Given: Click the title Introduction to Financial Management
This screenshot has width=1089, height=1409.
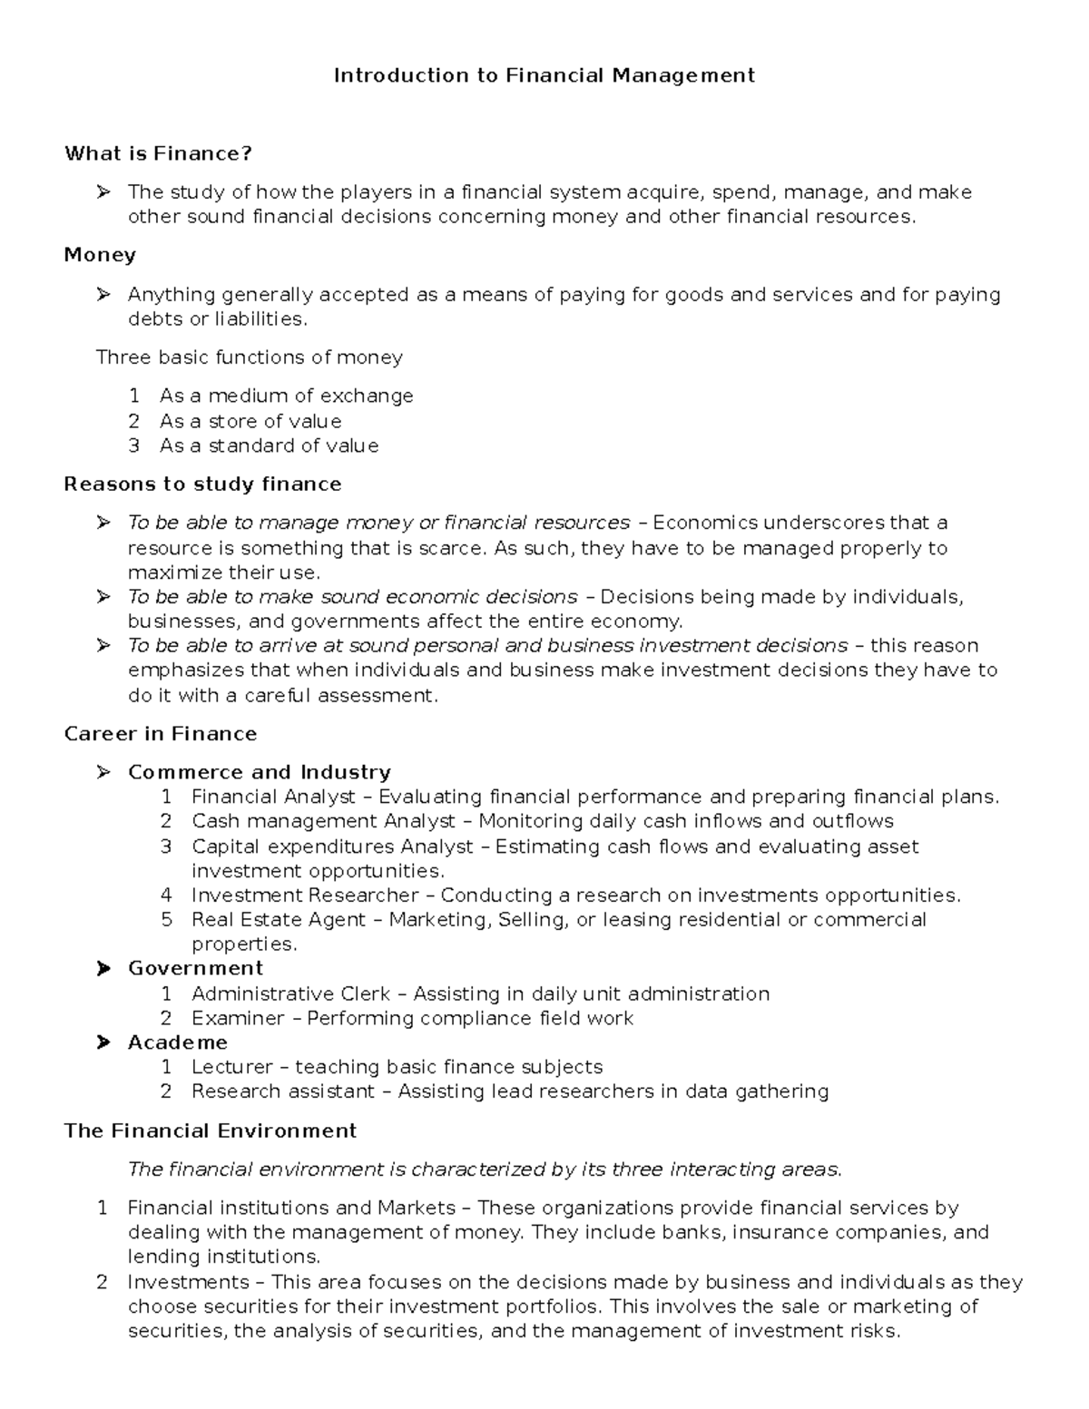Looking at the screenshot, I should coord(544,75).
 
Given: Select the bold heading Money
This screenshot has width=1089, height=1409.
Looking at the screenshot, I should coord(100,255).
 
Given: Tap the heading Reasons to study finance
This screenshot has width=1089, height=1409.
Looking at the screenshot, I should coord(202,484).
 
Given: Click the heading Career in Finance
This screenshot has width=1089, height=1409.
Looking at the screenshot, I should coord(161,733).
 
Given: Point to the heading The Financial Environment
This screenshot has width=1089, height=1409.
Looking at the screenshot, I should coord(210,1130).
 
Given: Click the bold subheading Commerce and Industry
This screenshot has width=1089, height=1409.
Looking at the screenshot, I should coord(259,772).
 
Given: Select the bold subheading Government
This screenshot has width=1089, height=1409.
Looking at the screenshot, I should coord(195,968).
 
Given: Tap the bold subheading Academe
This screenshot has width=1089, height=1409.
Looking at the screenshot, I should coord(177,1042).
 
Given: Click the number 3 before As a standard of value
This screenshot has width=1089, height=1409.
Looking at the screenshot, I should coord(134,445).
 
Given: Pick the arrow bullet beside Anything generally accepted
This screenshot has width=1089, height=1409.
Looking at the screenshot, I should coord(103,294).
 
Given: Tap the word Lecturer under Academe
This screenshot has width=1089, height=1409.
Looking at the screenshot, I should coord(231,1067).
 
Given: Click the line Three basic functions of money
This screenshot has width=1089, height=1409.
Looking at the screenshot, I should coord(250,357).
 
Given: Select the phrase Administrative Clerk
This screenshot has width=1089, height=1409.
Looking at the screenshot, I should coord(290,993).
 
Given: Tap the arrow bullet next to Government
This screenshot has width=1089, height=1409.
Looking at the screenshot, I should coord(103,968).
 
